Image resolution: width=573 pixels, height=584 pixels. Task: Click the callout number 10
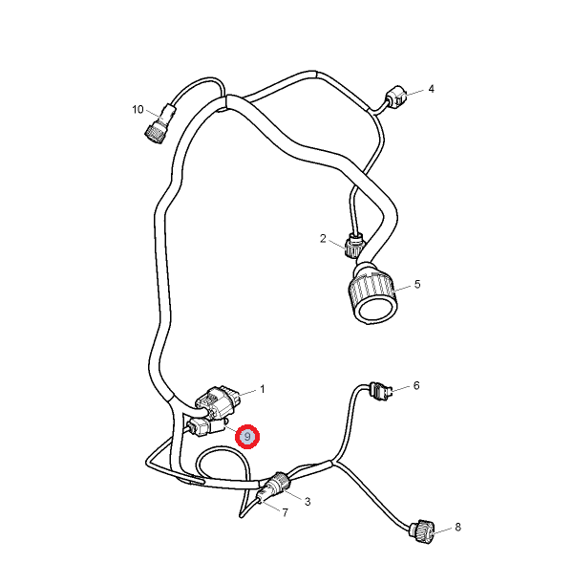[x=138, y=110]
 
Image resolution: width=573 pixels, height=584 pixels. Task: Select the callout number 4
[x=432, y=89]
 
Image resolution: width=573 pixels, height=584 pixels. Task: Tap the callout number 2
[x=323, y=238]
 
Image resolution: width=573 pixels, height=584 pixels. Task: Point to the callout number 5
[x=417, y=284]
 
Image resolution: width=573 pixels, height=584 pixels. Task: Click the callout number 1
[x=263, y=389]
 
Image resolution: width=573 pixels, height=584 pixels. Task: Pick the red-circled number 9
[x=247, y=437]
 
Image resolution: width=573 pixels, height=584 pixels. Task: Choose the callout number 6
[x=416, y=385]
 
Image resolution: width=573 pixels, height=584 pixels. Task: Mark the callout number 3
[x=308, y=502]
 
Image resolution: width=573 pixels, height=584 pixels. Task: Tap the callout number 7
[x=285, y=513]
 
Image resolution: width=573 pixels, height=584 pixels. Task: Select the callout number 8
[x=457, y=527]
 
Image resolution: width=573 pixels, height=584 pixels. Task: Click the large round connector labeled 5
[x=372, y=294]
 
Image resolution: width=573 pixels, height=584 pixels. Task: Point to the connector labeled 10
[x=159, y=123]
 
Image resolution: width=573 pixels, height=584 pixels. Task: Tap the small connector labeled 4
[x=396, y=96]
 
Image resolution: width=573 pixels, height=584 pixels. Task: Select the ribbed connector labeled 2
[x=354, y=245]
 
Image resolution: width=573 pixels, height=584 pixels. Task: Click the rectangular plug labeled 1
[x=218, y=403]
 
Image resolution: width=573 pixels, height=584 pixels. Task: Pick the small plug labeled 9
[x=206, y=426]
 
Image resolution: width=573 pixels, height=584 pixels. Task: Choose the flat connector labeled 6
[x=381, y=392]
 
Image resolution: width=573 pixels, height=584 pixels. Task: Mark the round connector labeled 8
[x=423, y=531]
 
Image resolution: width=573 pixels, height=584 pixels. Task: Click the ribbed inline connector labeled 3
[x=280, y=483]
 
